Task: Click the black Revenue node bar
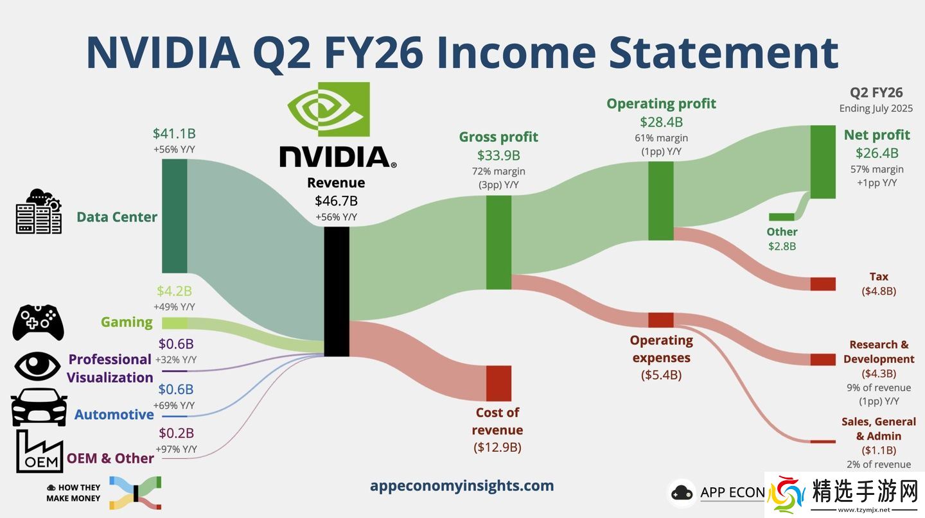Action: click(x=337, y=291)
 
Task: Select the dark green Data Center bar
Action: click(x=174, y=216)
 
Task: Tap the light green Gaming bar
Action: click(x=174, y=323)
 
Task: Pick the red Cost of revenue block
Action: click(x=498, y=383)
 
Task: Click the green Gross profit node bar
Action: click(x=498, y=242)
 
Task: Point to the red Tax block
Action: click(x=823, y=284)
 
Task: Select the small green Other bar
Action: click(x=781, y=217)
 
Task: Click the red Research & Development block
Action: click(x=823, y=359)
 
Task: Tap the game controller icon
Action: click(x=38, y=322)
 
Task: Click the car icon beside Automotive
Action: click(x=39, y=408)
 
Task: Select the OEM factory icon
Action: click(x=40, y=451)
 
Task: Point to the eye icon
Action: click(x=37, y=366)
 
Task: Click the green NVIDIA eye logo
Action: click(x=329, y=109)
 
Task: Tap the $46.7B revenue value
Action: click(x=336, y=201)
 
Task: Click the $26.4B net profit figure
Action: click(x=877, y=153)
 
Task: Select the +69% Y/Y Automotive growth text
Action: click(x=174, y=405)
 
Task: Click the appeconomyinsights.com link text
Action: click(x=462, y=486)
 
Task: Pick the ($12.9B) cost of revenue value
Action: click(x=497, y=447)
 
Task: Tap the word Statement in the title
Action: click(x=723, y=53)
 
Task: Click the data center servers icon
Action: click(x=39, y=211)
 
